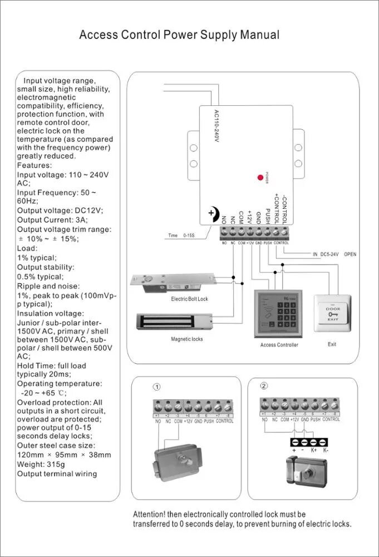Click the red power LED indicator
click(x=260, y=177)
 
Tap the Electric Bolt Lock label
click(x=189, y=299)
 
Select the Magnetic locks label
click(x=186, y=339)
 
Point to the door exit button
click(x=332, y=314)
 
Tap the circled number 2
click(x=264, y=385)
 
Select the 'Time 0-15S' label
click(x=181, y=236)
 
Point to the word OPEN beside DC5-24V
click(x=350, y=254)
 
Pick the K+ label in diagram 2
click(x=314, y=449)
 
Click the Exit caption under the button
click(x=332, y=344)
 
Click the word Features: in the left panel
click(x=35, y=165)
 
